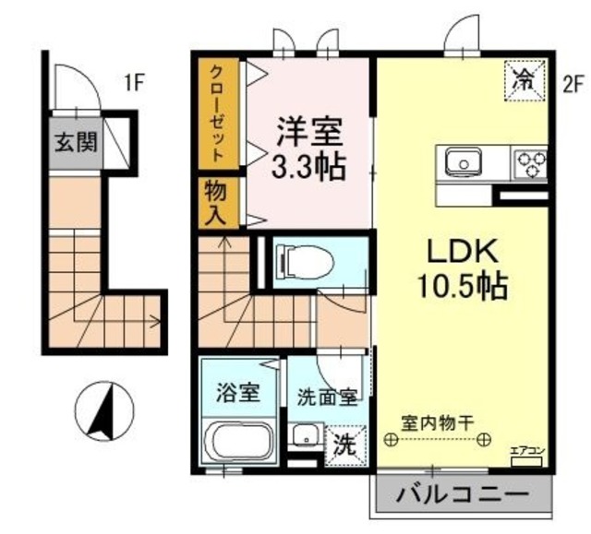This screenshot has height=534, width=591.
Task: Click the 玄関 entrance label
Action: coord(76,143)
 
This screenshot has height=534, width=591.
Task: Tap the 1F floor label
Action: coord(136,83)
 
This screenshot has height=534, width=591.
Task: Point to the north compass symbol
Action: coord(103,411)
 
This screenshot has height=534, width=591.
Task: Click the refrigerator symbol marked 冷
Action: coord(522,79)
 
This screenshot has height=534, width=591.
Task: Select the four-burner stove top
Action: coord(530,163)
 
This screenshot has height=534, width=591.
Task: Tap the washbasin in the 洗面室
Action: coord(304,437)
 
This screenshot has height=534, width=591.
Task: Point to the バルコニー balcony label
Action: coord(456,494)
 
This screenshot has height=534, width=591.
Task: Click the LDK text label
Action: coord(462,251)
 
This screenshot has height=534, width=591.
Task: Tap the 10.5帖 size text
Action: coord(462,287)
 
